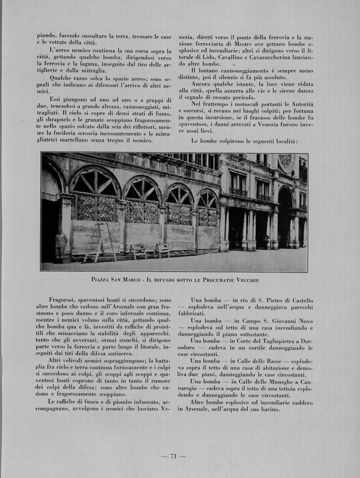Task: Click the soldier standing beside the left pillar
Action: click(x=61, y=245)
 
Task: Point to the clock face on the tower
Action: click(x=285, y=163)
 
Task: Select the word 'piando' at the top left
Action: click(x=46, y=36)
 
